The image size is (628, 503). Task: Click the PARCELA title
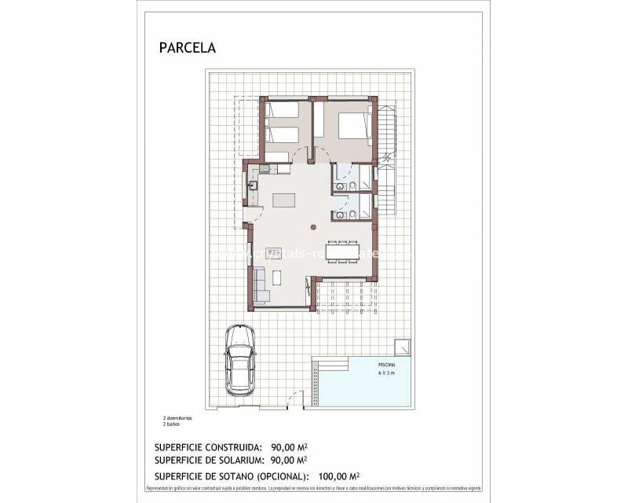coord(187,48)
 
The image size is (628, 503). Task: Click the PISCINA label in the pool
coord(386,366)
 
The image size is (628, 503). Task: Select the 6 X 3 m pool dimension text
coord(386,374)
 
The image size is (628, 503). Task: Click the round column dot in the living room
coord(313,227)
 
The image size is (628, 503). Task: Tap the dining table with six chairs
coord(343,252)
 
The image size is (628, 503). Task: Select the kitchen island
coord(284,200)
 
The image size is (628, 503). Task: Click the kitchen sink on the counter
coord(254,185)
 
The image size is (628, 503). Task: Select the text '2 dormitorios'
coord(177,418)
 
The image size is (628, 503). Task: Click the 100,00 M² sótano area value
coord(339,475)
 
